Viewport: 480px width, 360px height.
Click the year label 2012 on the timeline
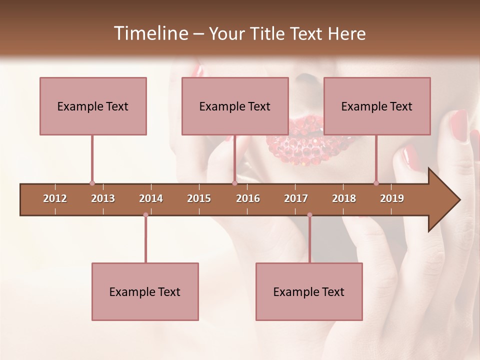point(55,198)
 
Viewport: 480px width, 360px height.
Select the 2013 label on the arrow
point(103,198)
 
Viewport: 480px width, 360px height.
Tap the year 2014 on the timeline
point(151,198)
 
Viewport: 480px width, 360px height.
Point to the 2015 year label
point(199,198)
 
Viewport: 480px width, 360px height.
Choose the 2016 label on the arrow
point(248,198)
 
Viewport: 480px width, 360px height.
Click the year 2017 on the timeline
point(296,198)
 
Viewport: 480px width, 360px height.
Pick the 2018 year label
point(344,198)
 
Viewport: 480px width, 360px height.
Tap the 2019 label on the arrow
point(392,198)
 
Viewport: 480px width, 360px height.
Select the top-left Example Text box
point(93,106)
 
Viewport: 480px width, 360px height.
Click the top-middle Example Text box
point(235,106)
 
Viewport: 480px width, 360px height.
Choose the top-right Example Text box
point(377,106)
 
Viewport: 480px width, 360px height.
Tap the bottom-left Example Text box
point(145,291)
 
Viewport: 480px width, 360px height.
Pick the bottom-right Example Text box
point(309,291)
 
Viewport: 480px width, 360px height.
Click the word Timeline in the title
point(150,33)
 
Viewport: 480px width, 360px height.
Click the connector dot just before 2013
point(92,183)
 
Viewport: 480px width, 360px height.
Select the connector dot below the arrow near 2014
point(145,215)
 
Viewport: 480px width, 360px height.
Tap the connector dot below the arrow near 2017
point(309,215)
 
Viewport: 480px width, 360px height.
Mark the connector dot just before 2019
point(376,183)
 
